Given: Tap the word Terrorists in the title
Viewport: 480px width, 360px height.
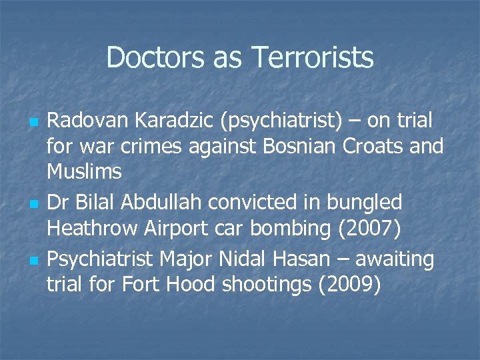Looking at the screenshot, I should (312, 57).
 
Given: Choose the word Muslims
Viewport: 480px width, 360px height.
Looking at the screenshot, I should (84, 171).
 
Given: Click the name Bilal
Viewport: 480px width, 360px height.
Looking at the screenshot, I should (95, 201).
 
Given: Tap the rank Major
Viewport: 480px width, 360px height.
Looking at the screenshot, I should (190, 258).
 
